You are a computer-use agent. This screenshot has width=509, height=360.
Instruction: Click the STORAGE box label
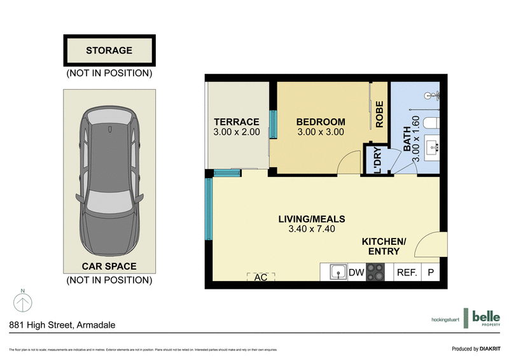coord(109,50)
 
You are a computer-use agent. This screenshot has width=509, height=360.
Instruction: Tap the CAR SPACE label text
coord(109,267)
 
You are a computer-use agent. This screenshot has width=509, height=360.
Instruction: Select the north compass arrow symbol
coord(22,301)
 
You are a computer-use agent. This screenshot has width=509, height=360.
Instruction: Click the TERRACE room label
coord(236,122)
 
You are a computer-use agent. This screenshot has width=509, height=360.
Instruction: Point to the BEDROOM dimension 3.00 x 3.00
coord(321,132)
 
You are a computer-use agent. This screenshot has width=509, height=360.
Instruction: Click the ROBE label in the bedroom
coord(380,115)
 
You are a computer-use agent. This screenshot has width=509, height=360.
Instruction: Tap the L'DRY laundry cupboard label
coord(376,162)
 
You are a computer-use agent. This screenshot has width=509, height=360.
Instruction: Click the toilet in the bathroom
coord(433,122)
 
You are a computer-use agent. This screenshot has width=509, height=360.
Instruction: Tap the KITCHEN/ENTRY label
coord(384,247)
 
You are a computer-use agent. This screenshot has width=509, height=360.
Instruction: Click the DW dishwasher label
coord(356,273)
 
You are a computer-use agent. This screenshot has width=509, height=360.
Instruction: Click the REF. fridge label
coord(407,273)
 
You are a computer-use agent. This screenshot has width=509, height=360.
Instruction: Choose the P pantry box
coord(431,273)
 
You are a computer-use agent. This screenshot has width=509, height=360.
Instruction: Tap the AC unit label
coord(261,277)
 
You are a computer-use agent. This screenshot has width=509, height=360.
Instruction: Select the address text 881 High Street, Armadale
coord(62,324)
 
